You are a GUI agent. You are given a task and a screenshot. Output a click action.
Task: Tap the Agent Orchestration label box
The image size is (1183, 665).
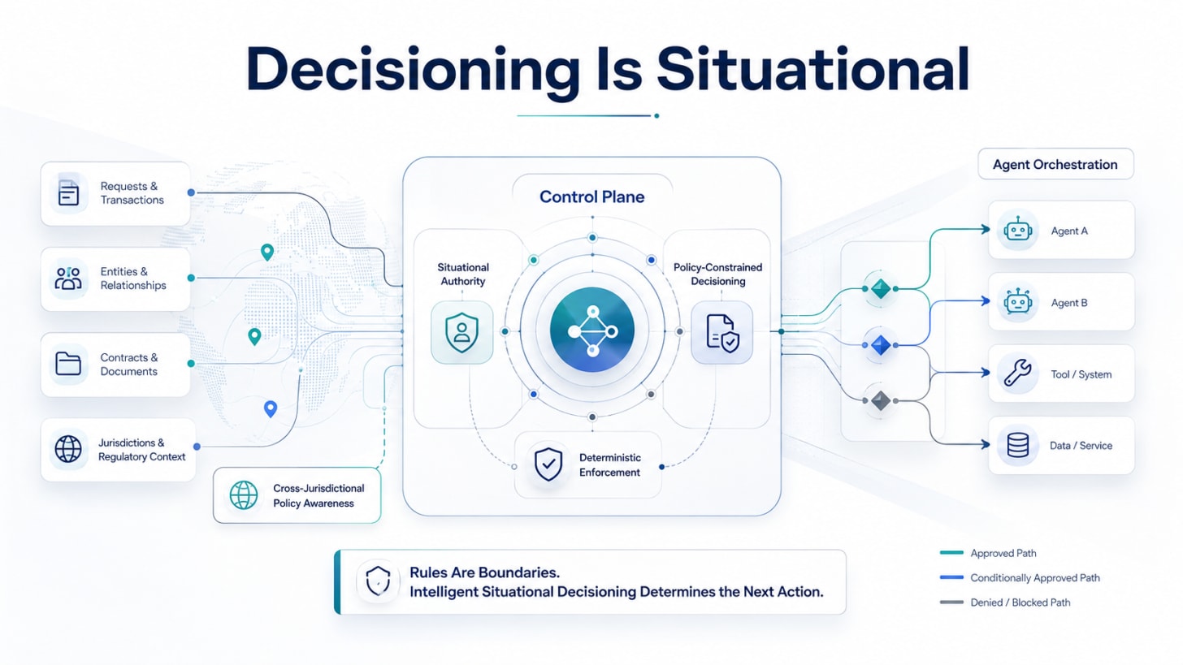tap(1055, 164)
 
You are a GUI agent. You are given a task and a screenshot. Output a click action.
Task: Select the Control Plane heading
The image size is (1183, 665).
tap(591, 196)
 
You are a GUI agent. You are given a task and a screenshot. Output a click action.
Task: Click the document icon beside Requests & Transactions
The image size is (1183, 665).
tap(68, 192)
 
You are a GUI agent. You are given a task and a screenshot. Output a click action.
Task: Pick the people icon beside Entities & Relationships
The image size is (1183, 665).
tap(68, 279)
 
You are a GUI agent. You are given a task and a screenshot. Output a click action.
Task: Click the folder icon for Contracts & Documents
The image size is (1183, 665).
tap(68, 364)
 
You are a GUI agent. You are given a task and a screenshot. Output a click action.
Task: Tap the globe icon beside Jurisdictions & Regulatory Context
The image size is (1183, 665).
tap(68, 449)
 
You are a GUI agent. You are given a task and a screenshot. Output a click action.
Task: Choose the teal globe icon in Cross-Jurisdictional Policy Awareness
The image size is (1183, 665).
tap(244, 495)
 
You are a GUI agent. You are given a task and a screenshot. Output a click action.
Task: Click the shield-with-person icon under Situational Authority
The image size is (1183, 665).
tap(461, 332)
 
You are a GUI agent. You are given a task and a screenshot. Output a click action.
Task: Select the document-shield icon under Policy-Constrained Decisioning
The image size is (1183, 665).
tap(722, 333)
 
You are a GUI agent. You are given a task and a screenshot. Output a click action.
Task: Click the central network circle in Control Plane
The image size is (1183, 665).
tap(592, 330)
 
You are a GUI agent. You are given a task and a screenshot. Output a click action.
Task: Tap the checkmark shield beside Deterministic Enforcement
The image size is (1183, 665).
tap(548, 464)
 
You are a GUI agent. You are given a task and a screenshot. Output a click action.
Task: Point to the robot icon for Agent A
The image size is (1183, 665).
tap(1018, 230)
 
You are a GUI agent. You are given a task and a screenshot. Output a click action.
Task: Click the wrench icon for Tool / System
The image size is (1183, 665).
tap(1018, 374)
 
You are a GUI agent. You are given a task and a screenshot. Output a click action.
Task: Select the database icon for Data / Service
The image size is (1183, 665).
tap(1018, 445)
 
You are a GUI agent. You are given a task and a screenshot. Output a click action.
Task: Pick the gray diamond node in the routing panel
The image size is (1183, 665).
tap(881, 400)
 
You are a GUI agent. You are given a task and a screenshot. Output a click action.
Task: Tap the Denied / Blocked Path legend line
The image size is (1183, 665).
tap(951, 602)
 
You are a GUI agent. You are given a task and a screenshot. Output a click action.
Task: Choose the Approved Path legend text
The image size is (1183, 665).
tap(1003, 553)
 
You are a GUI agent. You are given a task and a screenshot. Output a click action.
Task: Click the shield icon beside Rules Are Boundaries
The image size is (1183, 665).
tap(378, 581)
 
